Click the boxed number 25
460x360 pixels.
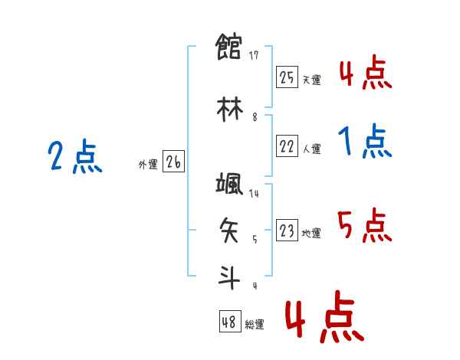287,77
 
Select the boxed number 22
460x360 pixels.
287,146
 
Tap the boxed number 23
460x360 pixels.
287,231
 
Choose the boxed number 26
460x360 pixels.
173,162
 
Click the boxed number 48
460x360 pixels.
228,322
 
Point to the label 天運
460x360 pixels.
311,80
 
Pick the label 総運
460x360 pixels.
254,325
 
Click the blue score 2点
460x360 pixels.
74,158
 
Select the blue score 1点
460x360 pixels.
365,142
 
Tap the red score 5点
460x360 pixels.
365,226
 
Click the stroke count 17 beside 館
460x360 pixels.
254,55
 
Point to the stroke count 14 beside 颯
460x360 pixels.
254,194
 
